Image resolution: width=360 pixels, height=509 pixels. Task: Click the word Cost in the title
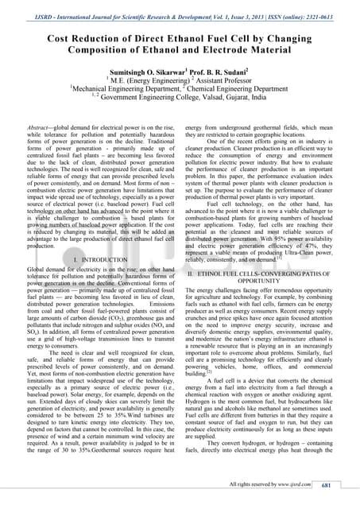click(61, 37)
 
